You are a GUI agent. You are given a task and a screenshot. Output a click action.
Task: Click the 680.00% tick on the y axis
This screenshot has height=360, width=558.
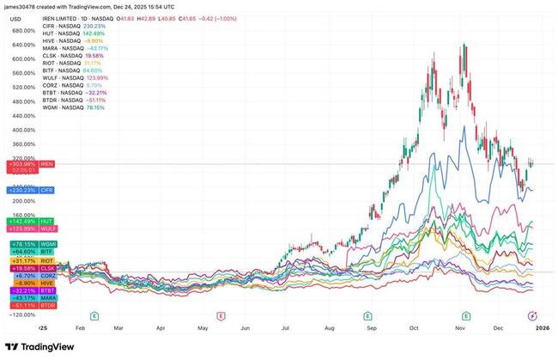click(x=21, y=31)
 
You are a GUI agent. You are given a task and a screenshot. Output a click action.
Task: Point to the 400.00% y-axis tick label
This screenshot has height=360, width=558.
click(x=21, y=130)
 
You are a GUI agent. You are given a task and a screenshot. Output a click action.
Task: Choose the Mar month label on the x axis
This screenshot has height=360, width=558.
click(x=119, y=327)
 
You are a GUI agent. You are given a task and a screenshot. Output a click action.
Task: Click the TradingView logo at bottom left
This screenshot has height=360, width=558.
click(x=39, y=346)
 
